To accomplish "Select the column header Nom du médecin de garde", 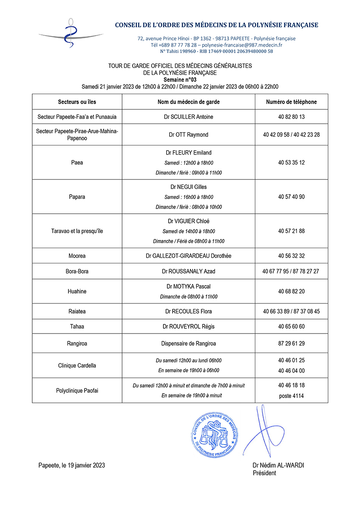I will (188, 102).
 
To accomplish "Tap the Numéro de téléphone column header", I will (291, 102).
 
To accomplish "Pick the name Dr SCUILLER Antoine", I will (188, 117).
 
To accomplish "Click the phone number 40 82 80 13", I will (291, 117).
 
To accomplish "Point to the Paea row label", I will (77, 163).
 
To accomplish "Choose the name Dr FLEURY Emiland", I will (188, 153).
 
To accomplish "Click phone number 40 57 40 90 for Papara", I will (291, 197).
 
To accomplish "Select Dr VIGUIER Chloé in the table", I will (188, 221).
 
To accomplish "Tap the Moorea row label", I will (77, 256).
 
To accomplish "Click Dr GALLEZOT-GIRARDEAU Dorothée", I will (188, 256).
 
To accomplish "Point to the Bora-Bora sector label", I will (77, 271).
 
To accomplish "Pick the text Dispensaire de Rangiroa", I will (188, 344).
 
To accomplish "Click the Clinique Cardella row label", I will (77, 366).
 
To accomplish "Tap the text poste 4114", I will (291, 396).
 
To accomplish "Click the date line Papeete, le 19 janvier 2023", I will (71, 465).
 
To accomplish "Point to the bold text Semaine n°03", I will (180, 80).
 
